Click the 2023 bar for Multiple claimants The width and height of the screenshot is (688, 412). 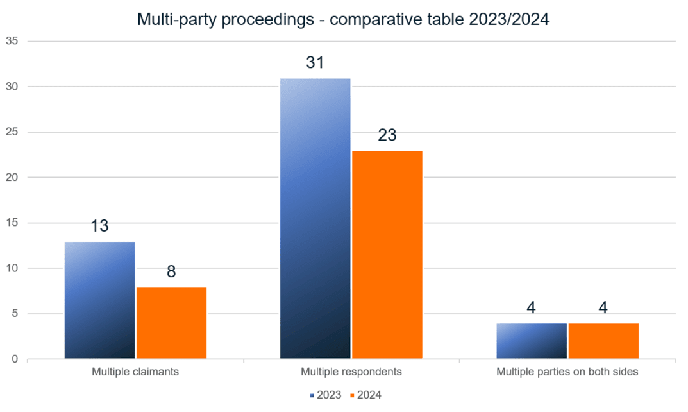(99, 300)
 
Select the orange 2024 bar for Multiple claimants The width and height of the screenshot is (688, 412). (171, 322)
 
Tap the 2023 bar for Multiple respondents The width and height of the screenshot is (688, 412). (315, 218)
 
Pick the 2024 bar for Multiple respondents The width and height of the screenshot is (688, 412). (387, 254)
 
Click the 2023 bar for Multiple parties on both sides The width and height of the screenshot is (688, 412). (532, 341)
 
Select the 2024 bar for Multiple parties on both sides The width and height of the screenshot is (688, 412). (603, 341)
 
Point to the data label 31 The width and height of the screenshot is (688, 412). (315, 63)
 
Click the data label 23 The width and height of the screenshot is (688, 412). (387, 135)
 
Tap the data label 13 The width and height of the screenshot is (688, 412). (99, 226)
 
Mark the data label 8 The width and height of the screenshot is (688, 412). (171, 271)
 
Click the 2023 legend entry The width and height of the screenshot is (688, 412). (326, 395)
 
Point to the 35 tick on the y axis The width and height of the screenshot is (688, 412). (13, 41)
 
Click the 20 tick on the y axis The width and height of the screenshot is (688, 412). (13, 177)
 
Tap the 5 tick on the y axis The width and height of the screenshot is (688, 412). (15, 314)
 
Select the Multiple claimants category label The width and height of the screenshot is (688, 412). (135, 372)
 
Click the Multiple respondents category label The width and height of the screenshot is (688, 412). (351, 372)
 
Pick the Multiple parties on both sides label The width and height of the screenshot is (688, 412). (567, 372)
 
